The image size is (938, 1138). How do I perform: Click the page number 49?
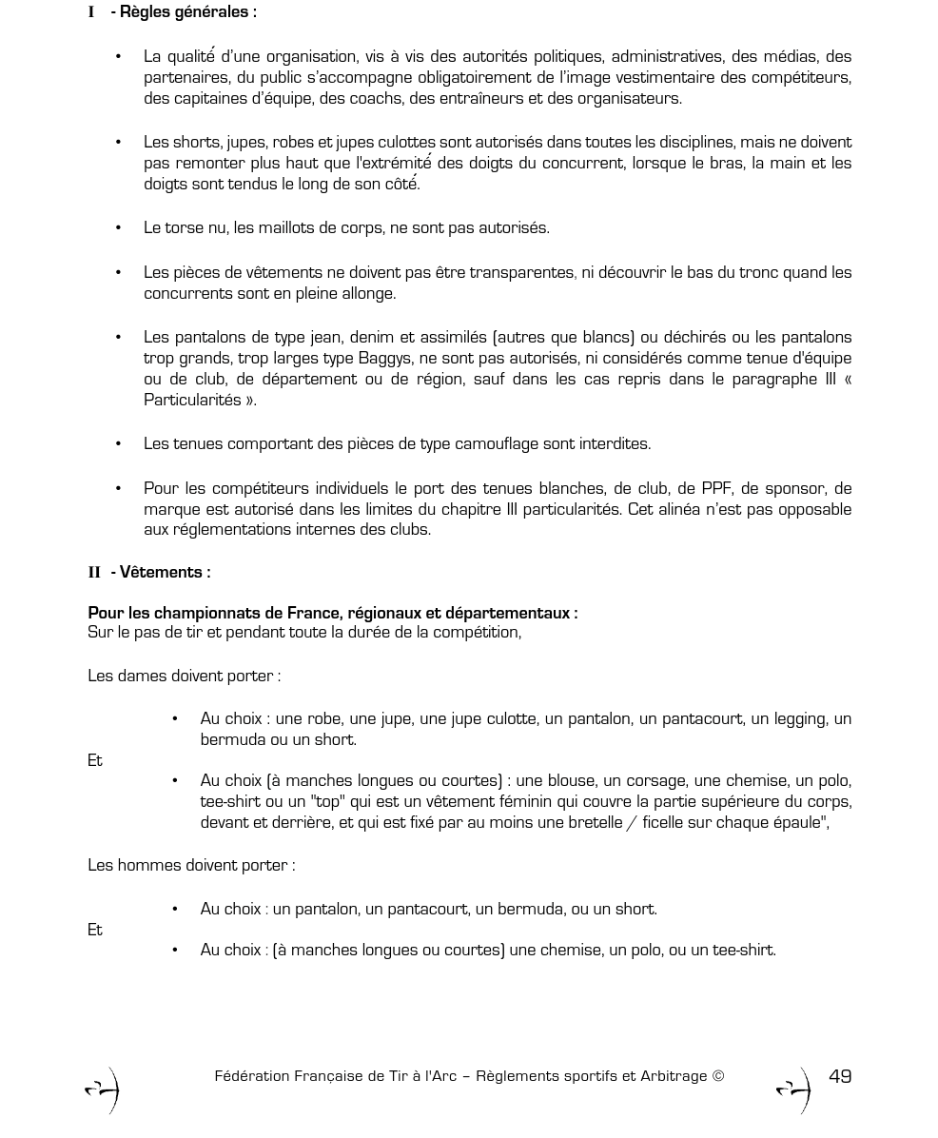tap(839, 1076)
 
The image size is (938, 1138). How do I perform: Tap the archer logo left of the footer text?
tap(103, 1090)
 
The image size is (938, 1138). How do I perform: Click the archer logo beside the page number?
tap(793, 1090)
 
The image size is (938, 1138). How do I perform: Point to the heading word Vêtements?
tap(165, 572)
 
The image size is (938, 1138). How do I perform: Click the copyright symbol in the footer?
tap(717, 1076)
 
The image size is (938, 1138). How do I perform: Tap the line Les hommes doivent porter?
tap(191, 865)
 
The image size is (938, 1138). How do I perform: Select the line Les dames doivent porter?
tap(184, 676)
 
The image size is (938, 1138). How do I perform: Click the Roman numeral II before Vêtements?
tap(94, 572)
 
